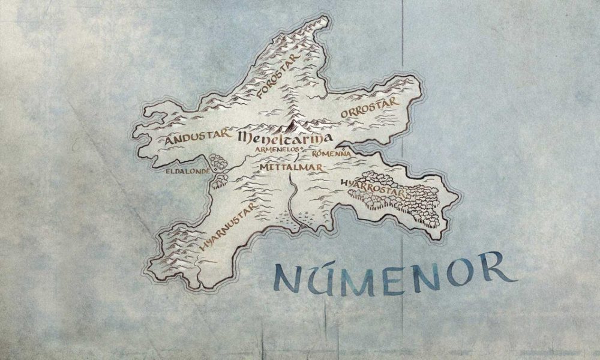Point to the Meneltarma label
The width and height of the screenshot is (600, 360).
click(x=285, y=137)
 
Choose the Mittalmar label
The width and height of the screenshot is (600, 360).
click(x=291, y=167)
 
